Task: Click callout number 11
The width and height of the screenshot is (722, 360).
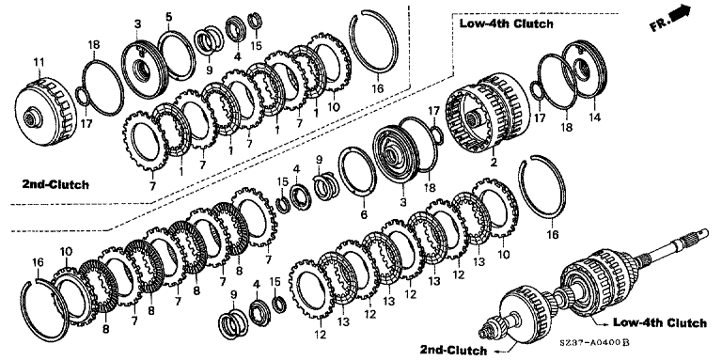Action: coord(39,62)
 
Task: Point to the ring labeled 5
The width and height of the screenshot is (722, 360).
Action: coord(177,55)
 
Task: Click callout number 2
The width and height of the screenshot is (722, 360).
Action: coord(494,162)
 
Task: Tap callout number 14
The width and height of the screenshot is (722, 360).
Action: coord(594,117)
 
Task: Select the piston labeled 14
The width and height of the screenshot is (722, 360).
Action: coord(585,70)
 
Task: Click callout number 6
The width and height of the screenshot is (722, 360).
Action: coord(364,214)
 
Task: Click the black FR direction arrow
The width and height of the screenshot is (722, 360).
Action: coord(681,12)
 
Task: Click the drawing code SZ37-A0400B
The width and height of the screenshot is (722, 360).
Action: coord(594,342)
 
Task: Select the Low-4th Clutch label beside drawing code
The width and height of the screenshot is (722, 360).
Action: coord(659,322)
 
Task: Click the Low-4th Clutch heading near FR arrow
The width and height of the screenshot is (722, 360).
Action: coord(506,23)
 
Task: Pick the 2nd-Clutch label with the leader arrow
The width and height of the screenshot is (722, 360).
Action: coord(453,350)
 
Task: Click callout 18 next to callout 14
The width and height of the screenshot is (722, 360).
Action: coord(567,127)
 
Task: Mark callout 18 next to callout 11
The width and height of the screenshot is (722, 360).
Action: coord(93,45)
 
